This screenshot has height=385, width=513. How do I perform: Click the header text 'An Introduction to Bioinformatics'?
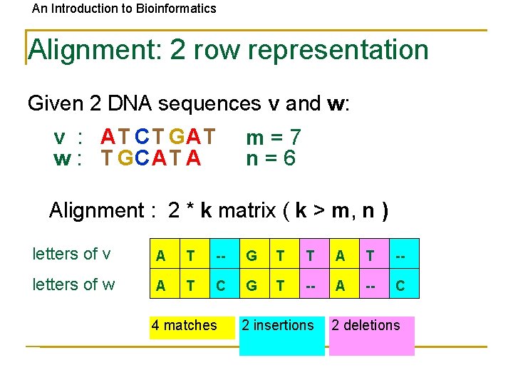coord(124,9)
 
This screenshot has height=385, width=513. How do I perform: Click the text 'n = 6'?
coord(271,158)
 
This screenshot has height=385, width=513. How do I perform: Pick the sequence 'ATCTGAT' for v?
coord(157,135)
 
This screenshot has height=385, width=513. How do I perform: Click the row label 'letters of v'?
coord(71,254)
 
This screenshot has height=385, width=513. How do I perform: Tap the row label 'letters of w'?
coord(73,284)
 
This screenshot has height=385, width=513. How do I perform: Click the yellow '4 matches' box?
coord(192,326)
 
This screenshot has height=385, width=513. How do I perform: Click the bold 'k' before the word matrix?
coord(206,210)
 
